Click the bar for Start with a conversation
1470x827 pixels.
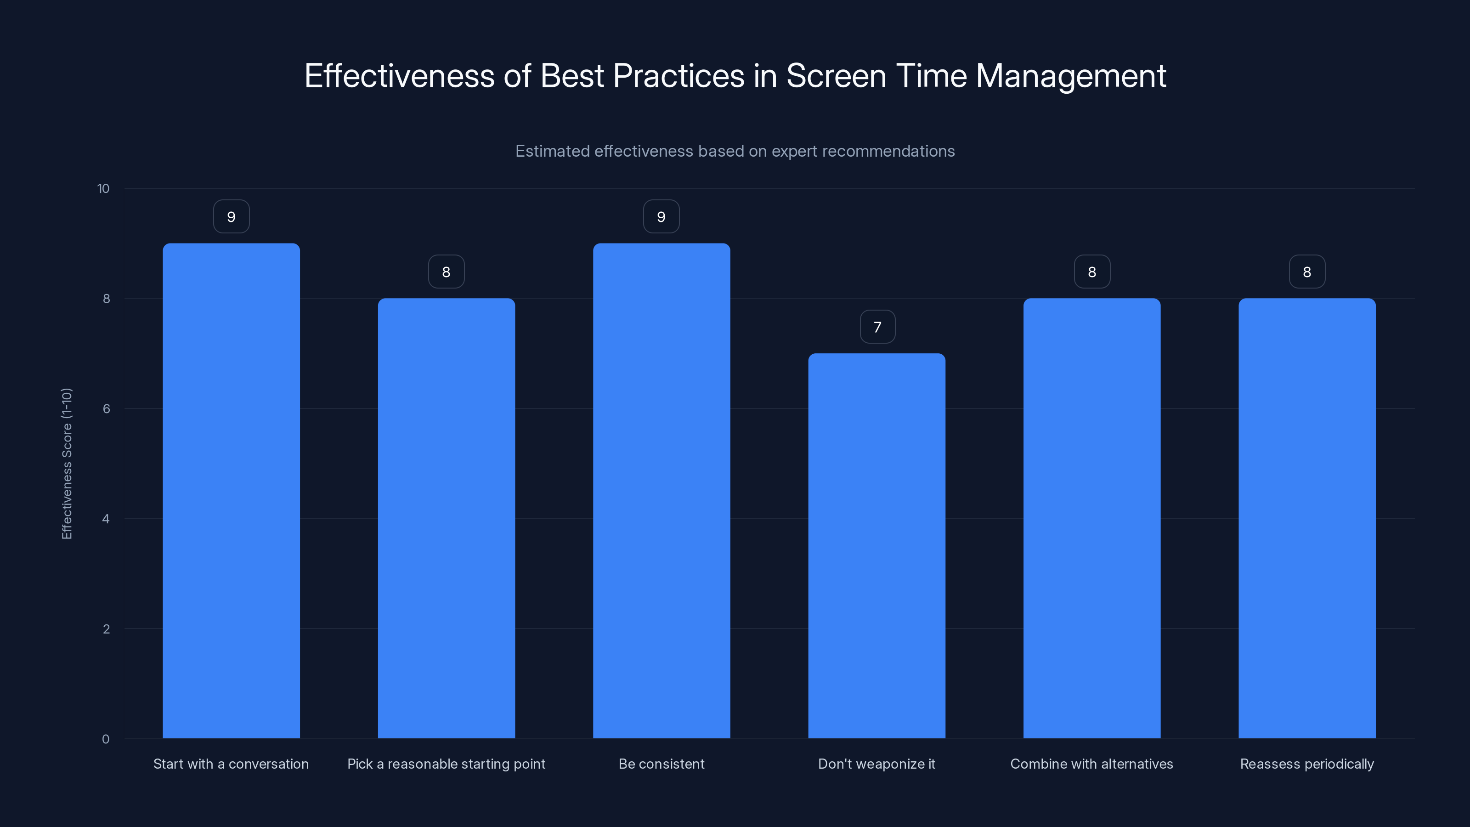231,491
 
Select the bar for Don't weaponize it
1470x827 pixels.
876,546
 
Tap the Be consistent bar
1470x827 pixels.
661,491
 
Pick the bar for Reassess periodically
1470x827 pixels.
1307,518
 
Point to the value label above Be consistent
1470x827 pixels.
661,217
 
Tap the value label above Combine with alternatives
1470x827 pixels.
1091,272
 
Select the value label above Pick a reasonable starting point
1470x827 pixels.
446,272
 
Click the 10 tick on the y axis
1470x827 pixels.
103,189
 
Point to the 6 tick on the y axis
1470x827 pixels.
106,408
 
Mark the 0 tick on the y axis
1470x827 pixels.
106,739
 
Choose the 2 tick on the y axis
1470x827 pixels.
106,629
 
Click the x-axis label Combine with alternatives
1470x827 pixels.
1091,764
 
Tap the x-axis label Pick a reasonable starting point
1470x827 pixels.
446,764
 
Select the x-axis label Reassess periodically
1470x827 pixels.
1307,764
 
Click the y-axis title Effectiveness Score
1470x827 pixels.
67,464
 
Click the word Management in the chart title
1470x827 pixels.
1070,76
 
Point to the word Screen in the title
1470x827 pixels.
836,76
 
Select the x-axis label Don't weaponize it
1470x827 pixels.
876,764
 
